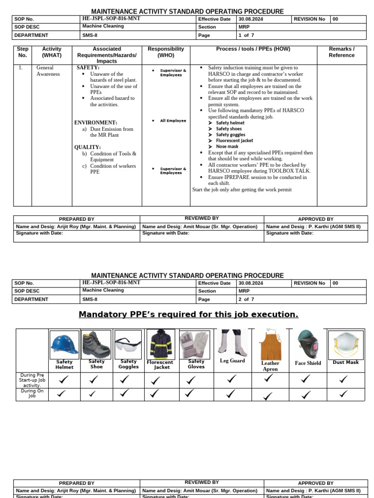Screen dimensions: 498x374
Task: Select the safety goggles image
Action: pos(128,345)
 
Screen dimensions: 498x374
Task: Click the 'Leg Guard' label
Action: pos(232,361)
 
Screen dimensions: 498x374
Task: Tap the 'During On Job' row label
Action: pos(32,393)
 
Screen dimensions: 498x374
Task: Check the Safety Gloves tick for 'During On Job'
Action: pos(190,393)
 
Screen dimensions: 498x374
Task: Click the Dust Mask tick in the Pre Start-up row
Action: pos(344,379)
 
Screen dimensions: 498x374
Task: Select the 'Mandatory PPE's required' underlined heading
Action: pos(188,315)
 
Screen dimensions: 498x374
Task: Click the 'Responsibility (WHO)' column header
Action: pos(166,52)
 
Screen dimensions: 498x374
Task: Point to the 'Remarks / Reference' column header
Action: pos(341,52)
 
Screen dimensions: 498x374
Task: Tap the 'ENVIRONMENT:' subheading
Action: pos(95,123)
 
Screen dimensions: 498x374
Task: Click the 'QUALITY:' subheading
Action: pos(88,147)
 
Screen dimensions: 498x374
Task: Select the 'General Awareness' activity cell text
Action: pos(48,71)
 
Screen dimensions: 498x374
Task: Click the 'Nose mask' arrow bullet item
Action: pos(227,146)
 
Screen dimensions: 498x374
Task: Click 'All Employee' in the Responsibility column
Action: pos(173,121)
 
